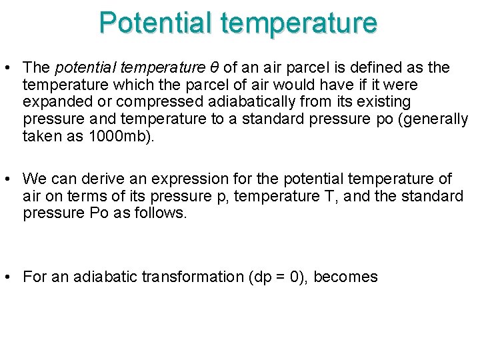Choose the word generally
(x=437, y=119)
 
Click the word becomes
(x=345, y=277)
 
